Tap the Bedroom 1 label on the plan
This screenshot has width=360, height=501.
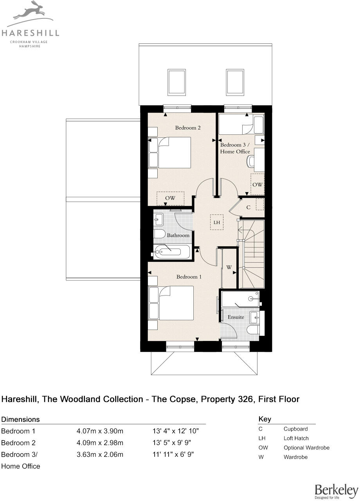click(189, 277)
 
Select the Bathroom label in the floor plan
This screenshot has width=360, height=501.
click(178, 235)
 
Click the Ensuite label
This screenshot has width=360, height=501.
click(236, 317)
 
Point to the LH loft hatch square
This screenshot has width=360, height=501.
click(216, 222)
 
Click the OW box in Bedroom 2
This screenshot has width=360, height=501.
click(170, 198)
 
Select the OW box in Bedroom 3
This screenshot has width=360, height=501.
click(257, 184)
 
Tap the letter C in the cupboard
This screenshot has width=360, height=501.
click(248, 207)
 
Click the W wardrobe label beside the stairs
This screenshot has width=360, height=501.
click(229, 268)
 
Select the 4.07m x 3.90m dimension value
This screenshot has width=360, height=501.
click(100, 431)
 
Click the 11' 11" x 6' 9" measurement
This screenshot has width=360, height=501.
click(173, 454)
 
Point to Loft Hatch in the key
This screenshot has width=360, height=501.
click(296, 438)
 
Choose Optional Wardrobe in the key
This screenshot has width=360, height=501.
click(306, 448)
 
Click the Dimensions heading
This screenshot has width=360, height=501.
click(21, 419)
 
